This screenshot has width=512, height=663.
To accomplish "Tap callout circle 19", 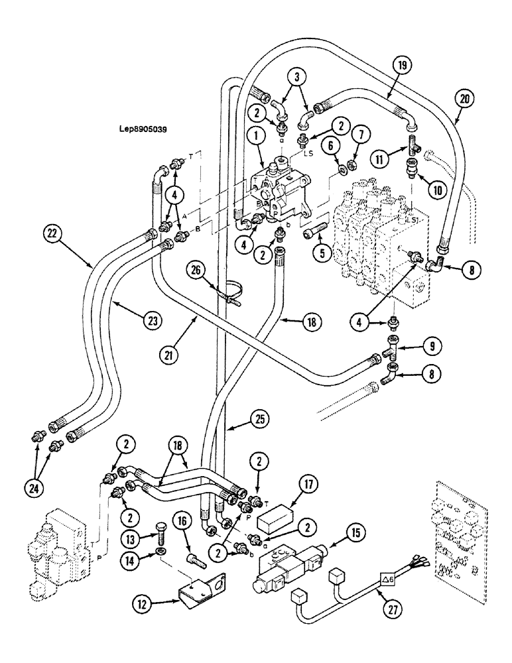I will [x=403, y=66].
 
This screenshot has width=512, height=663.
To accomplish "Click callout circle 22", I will [x=54, y=233].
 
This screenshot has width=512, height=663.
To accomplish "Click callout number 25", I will [x=258, y=419].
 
